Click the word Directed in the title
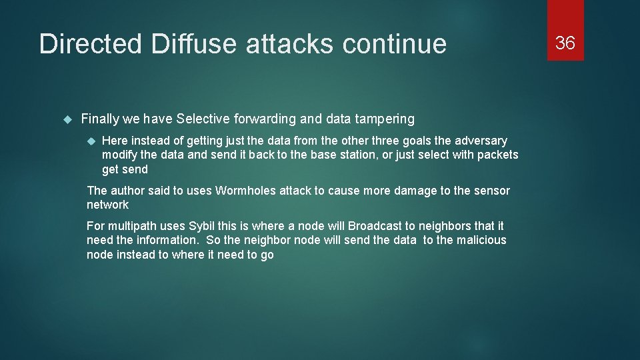(x=91, y=44)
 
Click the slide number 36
(x=565, y=43)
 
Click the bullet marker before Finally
(x=67, y=119)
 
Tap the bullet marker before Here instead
(x=91, y=141)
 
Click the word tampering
(x=383, y=119)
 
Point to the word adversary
(x=481, y=141)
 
